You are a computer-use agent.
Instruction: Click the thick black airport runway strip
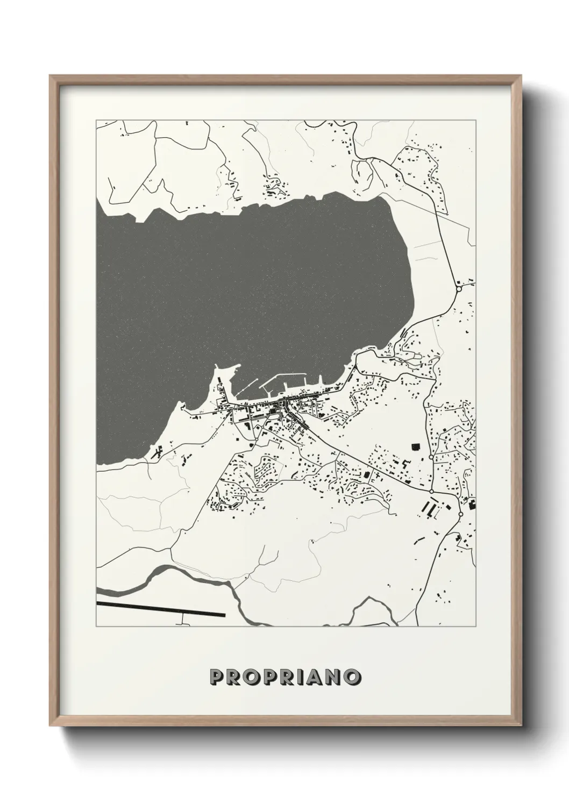(x=161, y=609)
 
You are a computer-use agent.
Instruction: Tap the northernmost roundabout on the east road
(x=459, y=288)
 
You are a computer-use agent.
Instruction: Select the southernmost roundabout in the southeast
(x=460, y=515)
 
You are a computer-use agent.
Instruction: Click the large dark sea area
(x=242, y=285)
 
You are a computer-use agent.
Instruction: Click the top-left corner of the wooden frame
(x=51, y=76)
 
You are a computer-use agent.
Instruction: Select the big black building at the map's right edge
(x=472, y=503)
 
